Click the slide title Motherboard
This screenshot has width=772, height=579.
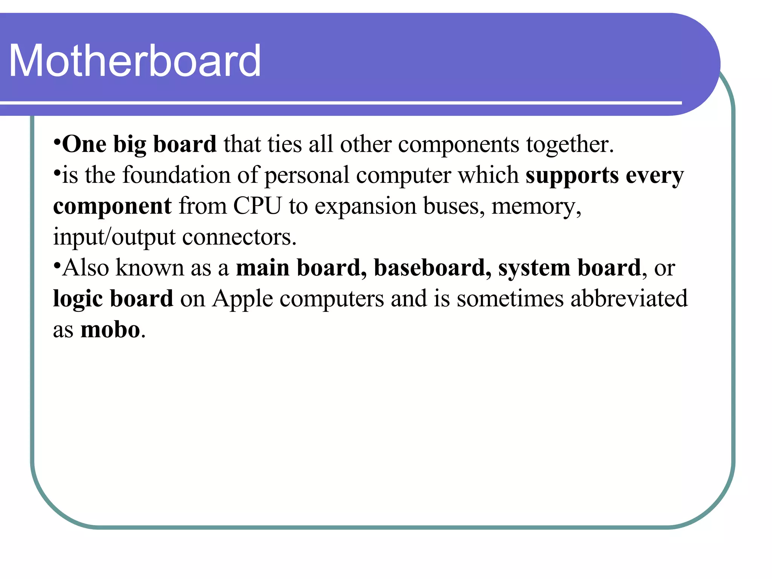(135, 61)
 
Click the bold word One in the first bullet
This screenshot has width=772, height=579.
(84, 144)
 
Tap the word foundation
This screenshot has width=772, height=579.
(176, 175)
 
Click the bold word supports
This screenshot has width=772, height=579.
(572, 176)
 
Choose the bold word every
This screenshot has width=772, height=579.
(654, 176)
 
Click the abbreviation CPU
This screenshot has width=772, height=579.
(257, 206)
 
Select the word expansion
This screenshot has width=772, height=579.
(365, 207)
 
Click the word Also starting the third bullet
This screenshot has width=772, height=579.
(86, 268)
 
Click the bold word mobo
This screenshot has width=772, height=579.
(110, 330)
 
